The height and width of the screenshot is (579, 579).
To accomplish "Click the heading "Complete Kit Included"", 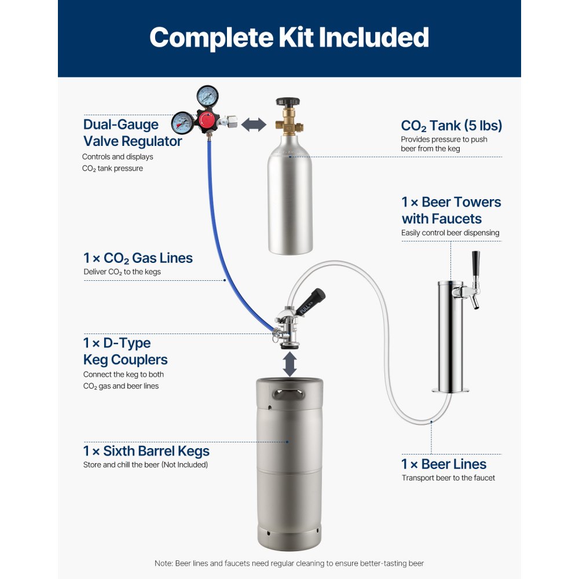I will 289,37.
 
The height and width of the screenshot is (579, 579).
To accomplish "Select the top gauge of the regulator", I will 207,95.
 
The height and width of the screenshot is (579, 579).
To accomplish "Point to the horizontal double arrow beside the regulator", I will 253,124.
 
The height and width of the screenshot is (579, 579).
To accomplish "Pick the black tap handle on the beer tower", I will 476,265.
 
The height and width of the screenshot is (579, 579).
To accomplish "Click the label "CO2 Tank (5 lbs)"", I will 451,126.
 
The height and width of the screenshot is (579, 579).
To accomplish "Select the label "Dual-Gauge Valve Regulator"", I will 133,133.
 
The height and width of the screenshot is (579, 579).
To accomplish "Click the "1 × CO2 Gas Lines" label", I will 138,258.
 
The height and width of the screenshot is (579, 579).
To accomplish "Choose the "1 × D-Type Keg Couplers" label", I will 125,351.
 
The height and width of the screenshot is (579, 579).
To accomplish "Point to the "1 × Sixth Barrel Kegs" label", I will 146,450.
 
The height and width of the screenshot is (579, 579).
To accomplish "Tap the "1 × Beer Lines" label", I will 444,464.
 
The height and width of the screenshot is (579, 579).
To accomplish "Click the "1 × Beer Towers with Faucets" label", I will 451,210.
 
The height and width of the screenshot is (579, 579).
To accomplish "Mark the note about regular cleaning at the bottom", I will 289,563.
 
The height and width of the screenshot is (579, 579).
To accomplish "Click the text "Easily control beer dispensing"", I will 450,233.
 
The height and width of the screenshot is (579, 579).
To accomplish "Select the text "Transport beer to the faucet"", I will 448,478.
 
